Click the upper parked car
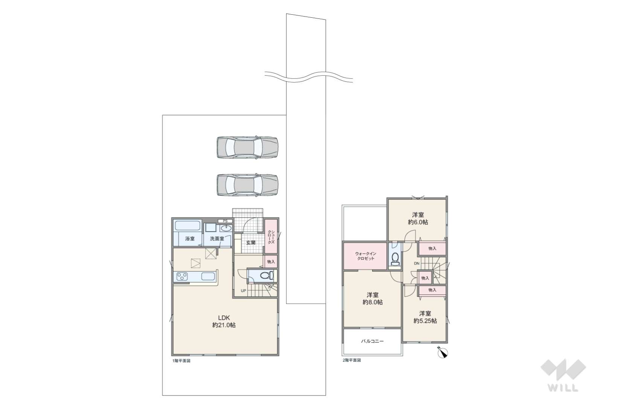(x=247, y=147)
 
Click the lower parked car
(x=247, y=185)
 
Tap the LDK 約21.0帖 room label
(x=224, y=321)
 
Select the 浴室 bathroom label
(x=189, y=239)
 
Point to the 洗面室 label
(x=217, y=239)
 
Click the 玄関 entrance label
(x=251, y=243)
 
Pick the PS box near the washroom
(x=225, y=221)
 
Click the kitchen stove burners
(x=182, y=276)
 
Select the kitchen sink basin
(x=208, y=276)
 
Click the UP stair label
(x=244, y=290)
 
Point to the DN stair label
(x=417, y=263)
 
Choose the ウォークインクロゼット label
(x=366, y=256)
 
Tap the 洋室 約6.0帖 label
(x=418, y=218)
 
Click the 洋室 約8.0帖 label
(x=372, y=299)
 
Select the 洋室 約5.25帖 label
(x=425, y=317)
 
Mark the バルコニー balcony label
(x=372, y=341)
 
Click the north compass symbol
(x=442, y=353)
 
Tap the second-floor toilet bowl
(x=395, y=257)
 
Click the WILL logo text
(x=563, y=387)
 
